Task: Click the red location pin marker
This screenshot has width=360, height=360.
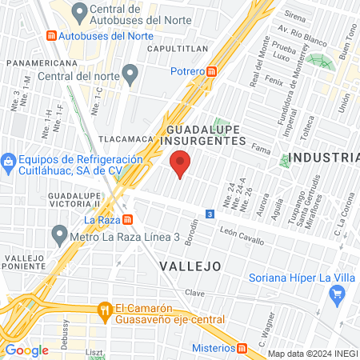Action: tap(181, 162)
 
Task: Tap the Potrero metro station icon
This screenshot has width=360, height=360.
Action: tap(212, 70)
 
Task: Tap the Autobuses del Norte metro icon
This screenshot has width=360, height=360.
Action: tap(52, 36)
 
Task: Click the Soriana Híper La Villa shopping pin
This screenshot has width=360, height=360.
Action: tap(336, 298)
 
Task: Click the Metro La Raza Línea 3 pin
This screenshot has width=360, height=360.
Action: tap(58, 235)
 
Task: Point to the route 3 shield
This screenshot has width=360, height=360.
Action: tap(209, 214)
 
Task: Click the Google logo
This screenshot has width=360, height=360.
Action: tap(26, 350)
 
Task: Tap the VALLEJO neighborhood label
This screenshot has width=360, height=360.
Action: tap(188, 265)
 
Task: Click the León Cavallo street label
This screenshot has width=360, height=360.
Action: tap(242, 233)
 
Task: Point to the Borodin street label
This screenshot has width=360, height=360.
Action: tap(192, 233)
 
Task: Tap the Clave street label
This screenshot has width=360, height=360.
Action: tap(196, 293)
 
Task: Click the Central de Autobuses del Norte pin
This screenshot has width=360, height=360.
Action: tap(79, 13)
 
